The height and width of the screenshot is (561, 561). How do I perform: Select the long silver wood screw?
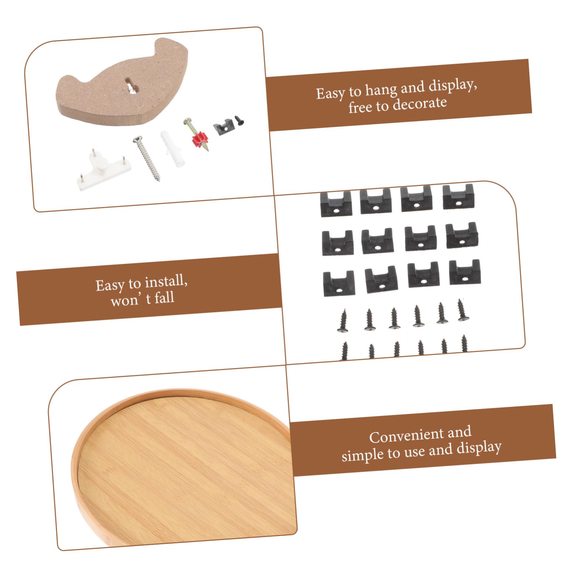point(147,159)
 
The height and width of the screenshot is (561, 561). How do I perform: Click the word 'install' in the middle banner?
point(166,282)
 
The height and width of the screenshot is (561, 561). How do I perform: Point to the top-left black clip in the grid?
point(336,204)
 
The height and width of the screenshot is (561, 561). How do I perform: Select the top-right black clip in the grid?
point(458,196)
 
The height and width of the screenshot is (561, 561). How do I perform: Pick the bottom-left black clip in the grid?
point(339,283)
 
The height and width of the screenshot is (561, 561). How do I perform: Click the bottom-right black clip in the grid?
point(465,272)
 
